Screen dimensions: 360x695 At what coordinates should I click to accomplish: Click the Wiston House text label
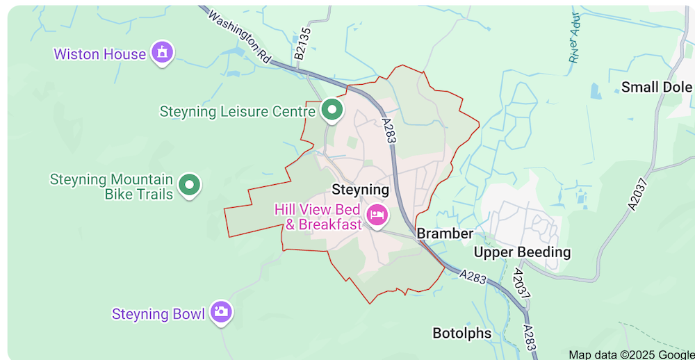coord(99,54)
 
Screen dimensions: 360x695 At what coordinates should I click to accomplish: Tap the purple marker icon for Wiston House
coord(162,52)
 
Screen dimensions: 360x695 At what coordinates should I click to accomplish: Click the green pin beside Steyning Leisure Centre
coord(332,110)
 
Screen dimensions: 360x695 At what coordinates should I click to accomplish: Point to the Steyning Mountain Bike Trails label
coord(111,186)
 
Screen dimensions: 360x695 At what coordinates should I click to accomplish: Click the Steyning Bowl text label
coord(158,314)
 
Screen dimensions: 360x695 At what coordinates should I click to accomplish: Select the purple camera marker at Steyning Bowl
coord(222,312)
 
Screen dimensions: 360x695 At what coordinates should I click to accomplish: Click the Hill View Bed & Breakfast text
coord(318,217)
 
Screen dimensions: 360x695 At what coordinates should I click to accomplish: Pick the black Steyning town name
coord(360,190)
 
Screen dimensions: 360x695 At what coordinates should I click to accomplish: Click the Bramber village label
coord(445,234)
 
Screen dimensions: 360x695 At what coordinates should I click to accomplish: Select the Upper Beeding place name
coord(522,252)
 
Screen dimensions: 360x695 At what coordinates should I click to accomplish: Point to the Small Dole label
coord(657,87)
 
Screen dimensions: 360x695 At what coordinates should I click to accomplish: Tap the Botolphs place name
coord(461,333)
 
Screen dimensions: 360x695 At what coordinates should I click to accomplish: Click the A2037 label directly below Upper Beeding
coord(521,284)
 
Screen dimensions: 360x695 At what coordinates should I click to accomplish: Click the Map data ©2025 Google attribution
coord(630,354)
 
